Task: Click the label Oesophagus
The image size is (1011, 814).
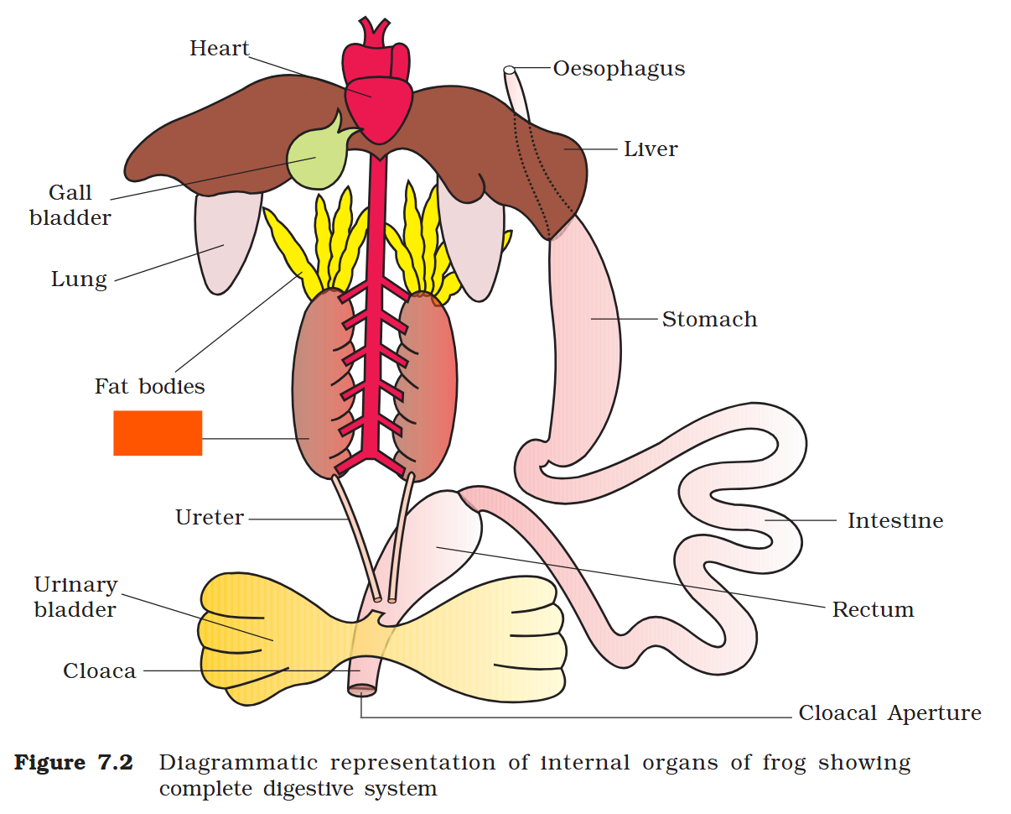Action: click(619, 69)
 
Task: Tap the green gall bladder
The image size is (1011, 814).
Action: click(315, 158)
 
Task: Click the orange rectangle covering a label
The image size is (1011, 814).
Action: click(158, 433)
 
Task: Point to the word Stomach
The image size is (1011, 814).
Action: click(709, 319)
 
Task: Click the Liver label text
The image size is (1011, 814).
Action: click(651, 149)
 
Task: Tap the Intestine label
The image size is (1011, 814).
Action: click(895, 521)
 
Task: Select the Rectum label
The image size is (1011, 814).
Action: click(873, 609)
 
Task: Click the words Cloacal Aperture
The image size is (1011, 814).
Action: click(889, 713)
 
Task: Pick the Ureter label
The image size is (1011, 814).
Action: click(210, 517)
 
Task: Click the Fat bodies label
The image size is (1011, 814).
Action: click(149, 386)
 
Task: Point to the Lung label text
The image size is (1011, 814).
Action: click(79, 279)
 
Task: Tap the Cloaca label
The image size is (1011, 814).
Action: click(99, 671)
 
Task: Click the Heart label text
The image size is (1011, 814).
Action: click(220, 48)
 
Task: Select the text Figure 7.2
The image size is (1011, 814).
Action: click(73, 764)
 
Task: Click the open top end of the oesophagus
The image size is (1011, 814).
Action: click(509, 70)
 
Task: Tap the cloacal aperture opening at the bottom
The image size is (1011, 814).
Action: click(362, 690)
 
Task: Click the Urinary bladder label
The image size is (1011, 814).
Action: click(75, 597)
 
